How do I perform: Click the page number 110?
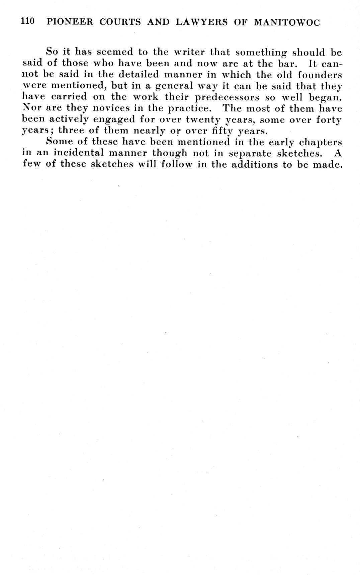coord(27,22)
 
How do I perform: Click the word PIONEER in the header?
coord(70,22)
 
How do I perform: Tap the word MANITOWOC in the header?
coord(287,22)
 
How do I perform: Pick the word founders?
coord(320,74)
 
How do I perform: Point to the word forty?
coord(328,120)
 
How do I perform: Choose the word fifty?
coord(219,131)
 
